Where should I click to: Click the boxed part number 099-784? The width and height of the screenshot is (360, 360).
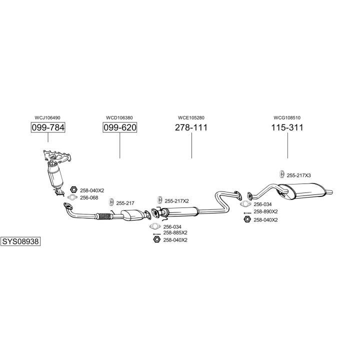[x=48, y=127]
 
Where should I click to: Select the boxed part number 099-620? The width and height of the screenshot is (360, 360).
[x=119, y=127]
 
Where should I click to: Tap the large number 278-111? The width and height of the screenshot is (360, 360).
[x=191, y=127]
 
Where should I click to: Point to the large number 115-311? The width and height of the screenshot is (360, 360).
[x=287, y=127]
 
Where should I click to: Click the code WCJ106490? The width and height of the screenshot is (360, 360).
[x=48, y=117]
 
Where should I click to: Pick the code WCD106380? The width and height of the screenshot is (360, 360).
[x=119, y=117]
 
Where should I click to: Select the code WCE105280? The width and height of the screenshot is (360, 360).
[x=191, y=117]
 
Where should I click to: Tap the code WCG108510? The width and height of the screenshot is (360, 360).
[x=287, y=117]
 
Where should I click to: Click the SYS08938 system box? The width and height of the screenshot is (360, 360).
[x=20, y=240]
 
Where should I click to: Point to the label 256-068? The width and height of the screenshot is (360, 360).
[x=89, y=197]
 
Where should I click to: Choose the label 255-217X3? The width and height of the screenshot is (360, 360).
[x=298, y=175]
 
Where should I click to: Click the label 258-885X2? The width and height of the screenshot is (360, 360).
[x=175, y=233]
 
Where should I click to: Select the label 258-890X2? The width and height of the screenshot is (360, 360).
[x=265, y=211]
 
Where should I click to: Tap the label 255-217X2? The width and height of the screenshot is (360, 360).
[x=176, y=201]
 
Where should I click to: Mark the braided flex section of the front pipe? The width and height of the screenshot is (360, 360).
[x=104, y=216]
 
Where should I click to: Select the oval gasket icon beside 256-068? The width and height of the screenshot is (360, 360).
[x=73, y=197]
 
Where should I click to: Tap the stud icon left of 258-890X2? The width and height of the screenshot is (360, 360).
[x=247, y=212]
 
